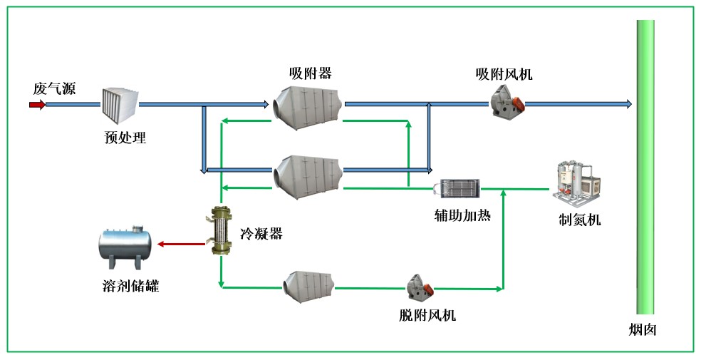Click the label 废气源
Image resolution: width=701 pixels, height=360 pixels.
point(54,88)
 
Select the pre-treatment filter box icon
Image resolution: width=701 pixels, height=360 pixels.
point(119,106)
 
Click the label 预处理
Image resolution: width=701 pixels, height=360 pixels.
point(125,138)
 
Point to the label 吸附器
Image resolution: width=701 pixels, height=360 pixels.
point(310,73)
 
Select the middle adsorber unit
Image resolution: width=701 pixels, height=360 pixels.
point(308,173)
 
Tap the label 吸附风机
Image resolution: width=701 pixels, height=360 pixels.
point(504,73)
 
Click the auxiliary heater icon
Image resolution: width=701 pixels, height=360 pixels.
point(460,189)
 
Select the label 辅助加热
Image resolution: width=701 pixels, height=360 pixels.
point(462,215)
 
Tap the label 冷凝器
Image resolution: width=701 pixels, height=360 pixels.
point(261,234)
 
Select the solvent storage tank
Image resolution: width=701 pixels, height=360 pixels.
point(126,245)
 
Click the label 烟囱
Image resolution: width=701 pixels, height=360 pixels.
point(642,331)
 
